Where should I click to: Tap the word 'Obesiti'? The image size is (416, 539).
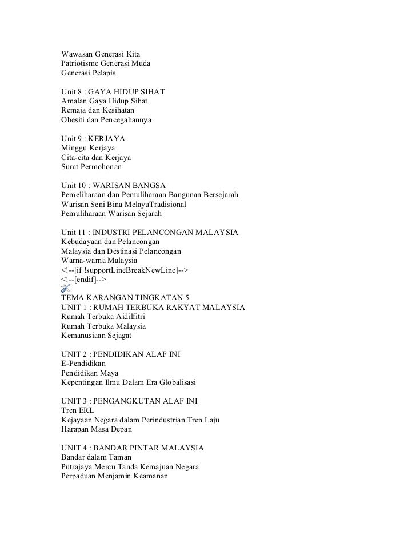(75, 120)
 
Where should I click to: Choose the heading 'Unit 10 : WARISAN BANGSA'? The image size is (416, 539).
(113, 186)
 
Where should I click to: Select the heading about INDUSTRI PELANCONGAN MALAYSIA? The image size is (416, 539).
(149, 233)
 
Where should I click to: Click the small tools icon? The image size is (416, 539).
(67, 289)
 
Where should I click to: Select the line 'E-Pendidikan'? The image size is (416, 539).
(83, 364)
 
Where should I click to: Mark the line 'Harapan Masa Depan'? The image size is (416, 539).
(96, 429)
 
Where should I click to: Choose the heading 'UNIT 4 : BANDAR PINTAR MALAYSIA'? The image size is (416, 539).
(132, 448)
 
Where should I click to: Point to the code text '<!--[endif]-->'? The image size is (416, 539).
(83, 279)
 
